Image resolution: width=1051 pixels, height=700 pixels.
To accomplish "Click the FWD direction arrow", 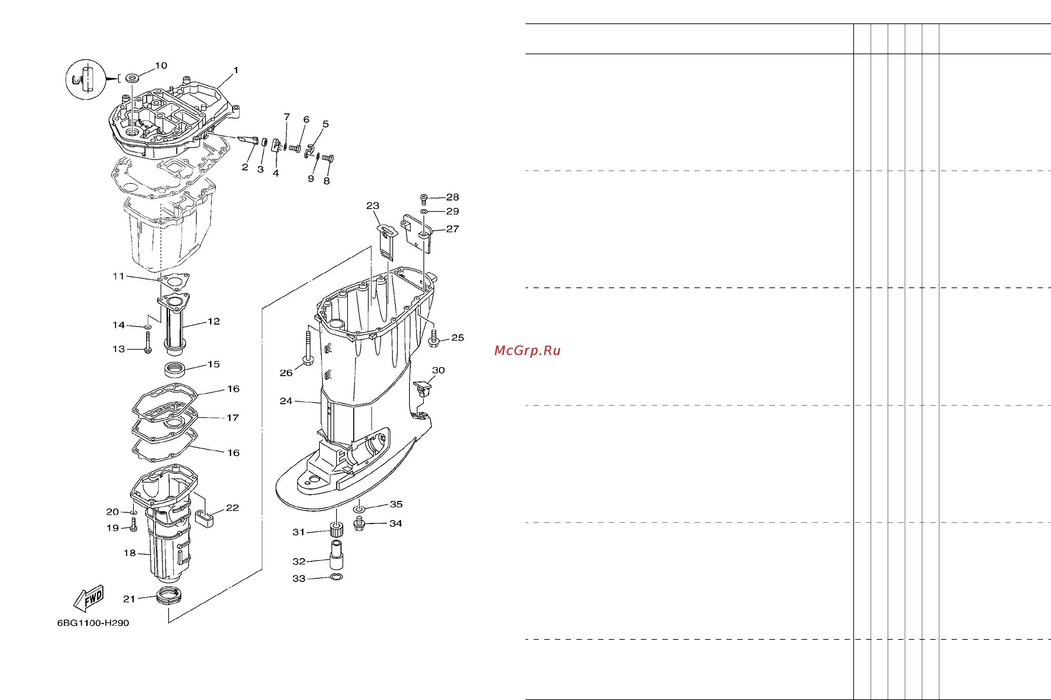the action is (x=89, y=598).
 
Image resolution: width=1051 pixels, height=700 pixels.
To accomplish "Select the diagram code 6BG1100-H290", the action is (x=93, y=623).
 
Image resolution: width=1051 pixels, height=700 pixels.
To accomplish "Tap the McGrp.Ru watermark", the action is (x=528, y=351).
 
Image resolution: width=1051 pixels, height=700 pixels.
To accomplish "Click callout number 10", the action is (x=161, y=66).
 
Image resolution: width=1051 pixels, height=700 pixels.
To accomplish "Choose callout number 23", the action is (x=373, y=206).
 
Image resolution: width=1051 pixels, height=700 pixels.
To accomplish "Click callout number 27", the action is (x=453, y=229).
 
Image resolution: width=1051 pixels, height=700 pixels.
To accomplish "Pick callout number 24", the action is (x=286, y=401).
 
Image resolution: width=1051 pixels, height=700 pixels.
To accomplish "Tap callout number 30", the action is (x=438, y=370).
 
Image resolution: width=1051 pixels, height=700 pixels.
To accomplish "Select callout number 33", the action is (x=299, y=579).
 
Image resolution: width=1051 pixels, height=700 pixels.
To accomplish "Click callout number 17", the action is (x=233, y=418).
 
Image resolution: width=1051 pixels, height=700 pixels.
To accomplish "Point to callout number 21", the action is (x=129, y=599).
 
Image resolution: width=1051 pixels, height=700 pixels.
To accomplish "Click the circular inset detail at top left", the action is (x=86, y=79).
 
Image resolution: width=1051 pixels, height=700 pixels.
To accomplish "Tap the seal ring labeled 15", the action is (x=175, y=370).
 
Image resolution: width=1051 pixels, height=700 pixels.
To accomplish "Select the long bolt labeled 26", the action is (x=308, y=348).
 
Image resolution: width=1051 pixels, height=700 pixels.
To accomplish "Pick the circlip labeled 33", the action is (x=337, y=577).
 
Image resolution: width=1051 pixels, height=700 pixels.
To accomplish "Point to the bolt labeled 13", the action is (x=148, y=342).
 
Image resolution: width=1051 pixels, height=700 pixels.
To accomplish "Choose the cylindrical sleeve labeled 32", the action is (x=336, y=555).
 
